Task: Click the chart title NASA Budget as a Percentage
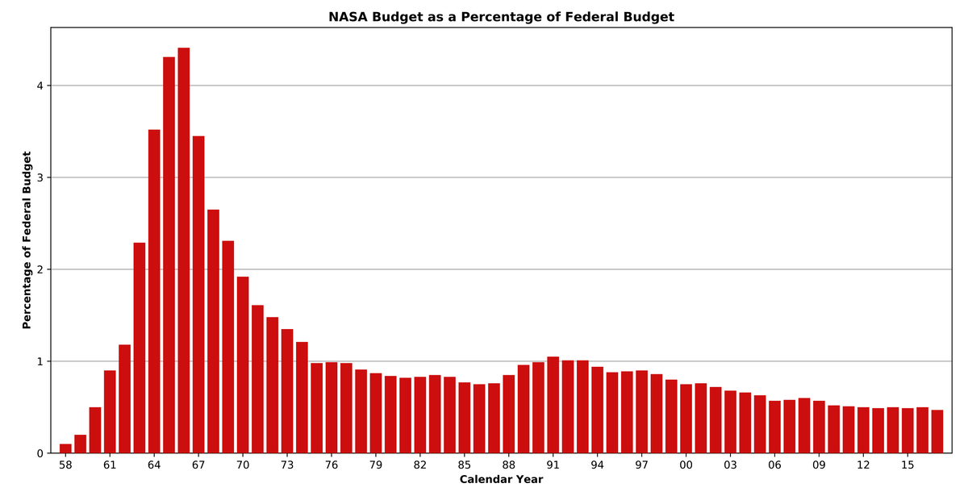[x=501, y=17]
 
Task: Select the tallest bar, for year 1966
[x=184, y=250]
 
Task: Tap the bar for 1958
[x=65, y=448]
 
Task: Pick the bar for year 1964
[x=154, y=290]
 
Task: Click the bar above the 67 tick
[x=198, y=294]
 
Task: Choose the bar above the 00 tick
[x=686, y=419]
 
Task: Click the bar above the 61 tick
[x=110, y=411]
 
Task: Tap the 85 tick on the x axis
[x=465, y=465]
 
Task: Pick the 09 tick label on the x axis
[x=819, y=465]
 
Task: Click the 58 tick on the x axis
[x=65, y=465]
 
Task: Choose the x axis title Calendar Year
[x=501, y=480]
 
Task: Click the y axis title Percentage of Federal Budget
[x=27, y=240]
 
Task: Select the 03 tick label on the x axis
[x=730, y=465]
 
